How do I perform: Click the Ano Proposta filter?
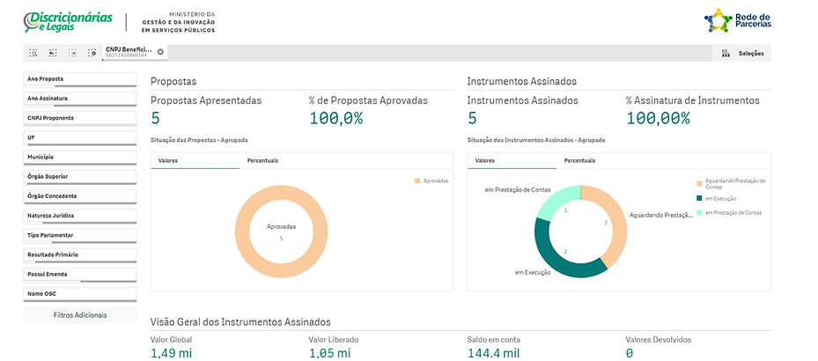click(x=79, y=79)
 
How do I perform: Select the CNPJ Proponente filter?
click(x=79, y=117)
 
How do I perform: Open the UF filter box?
click(x=79, y=137)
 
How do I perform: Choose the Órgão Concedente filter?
click(x=79, y=195)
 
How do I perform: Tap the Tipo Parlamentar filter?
click(x=79, y=235)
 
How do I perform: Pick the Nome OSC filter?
click(x=79, y=293)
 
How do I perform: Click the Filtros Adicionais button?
click(x=79, y=314)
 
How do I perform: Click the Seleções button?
click(x=744, y=53)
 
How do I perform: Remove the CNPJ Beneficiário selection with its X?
click(x=160, y=52)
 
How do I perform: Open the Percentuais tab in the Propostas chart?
click(x=262, y=160)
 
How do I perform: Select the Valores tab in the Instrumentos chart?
click(x=484, y=160)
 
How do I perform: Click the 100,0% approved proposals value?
click(x=336, y=118)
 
